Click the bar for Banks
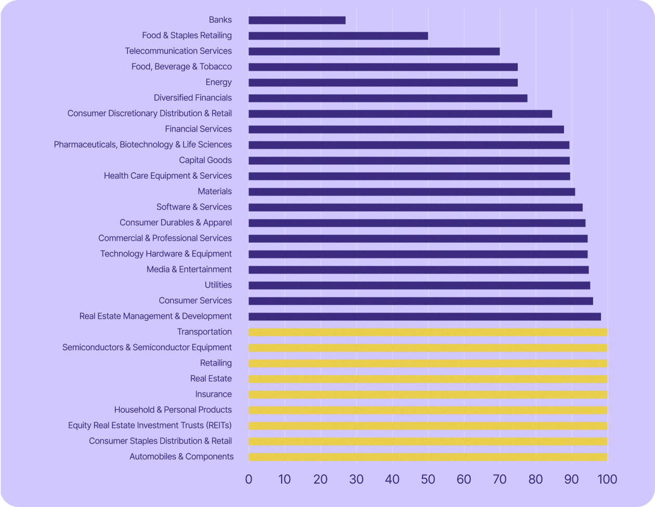tap(297, 20)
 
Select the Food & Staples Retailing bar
tap(338, 36)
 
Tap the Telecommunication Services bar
tap(374, 51)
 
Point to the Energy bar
tap(383, 83)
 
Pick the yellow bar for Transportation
tap(427, 332)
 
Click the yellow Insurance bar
tap(427, 395)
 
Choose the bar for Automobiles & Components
tap(427, 457)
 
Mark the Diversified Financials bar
tap(388, 98)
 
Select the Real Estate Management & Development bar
tap(424, 317)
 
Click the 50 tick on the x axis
tap(428, 479)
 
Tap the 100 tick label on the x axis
tap(607, 479)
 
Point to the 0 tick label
tap(248, 479)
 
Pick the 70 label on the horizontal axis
tap(500, 479)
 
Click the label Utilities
tap(218, 285)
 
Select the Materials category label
tap(215, 191)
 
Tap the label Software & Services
tap(194, 207)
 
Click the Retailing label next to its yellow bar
tap(216, 363)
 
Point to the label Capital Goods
tap(205, 160)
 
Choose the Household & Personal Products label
tap(173, 410)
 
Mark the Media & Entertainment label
tap(189, 269)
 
